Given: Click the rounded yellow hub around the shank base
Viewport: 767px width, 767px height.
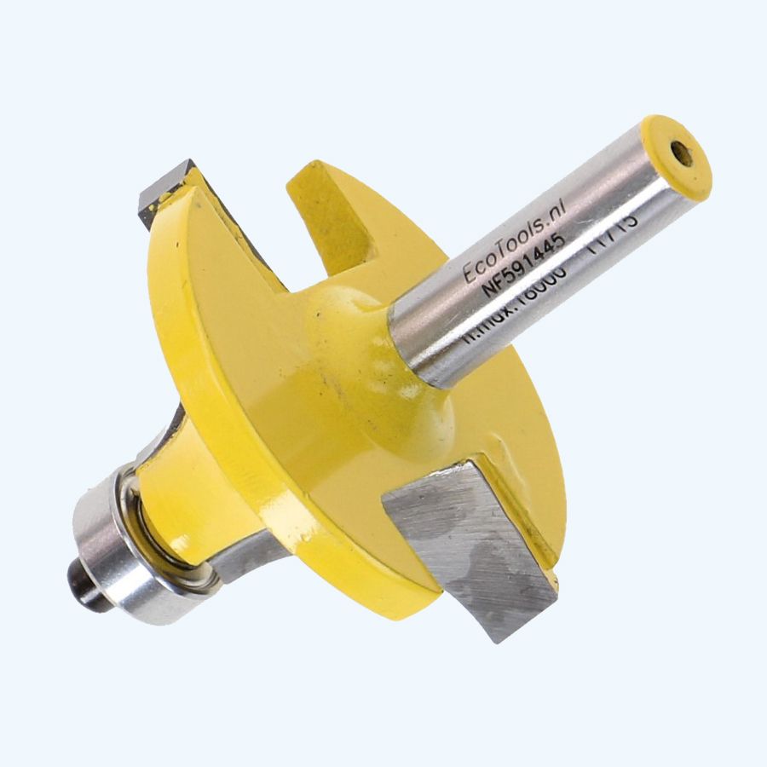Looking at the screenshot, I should point(366,358).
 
